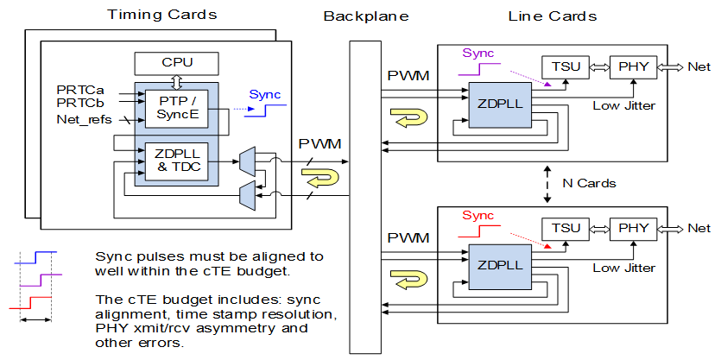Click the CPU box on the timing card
pos(177,63)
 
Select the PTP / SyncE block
pos(177,108)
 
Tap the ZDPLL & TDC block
pos(177,161)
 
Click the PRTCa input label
pos(79,89)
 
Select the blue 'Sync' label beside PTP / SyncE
pos(265,95)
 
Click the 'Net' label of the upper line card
pos(700,66)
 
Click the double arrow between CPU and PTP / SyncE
pos(177,81)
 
